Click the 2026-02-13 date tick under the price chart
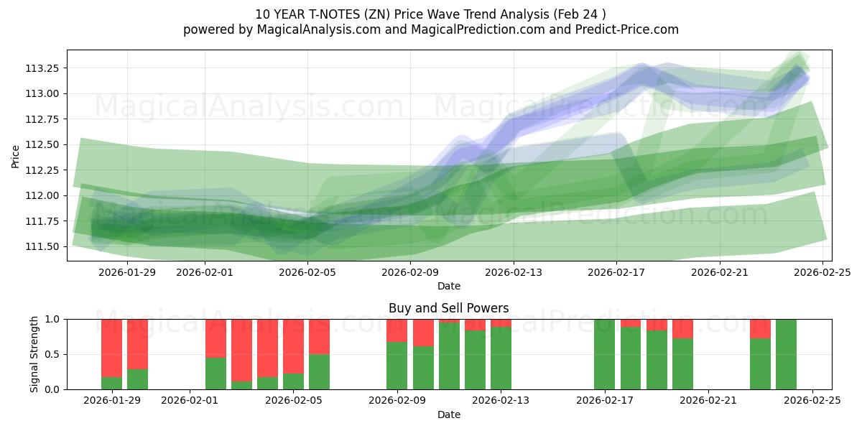point(513,272)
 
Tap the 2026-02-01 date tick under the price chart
point(205,272)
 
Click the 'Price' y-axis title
point(16,155)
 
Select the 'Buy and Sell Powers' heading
point(449,308)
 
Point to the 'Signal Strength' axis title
point(34,354)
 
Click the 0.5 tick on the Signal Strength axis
point(52,354)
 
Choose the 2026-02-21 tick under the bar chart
point(708,401)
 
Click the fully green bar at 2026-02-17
point(604,354)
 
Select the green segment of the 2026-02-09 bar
point(397,366)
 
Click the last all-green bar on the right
point(786,354)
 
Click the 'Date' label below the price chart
point(449,287)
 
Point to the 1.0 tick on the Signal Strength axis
point(52,319)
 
